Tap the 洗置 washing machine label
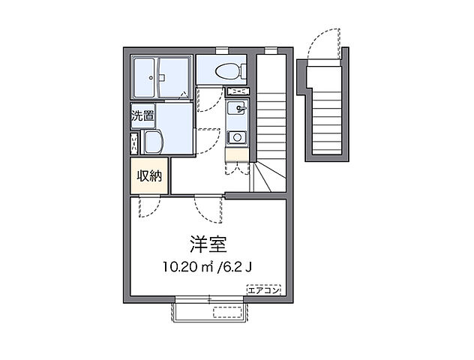tap(142, 116)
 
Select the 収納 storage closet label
tap(148, 176)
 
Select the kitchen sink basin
tap(236, 112)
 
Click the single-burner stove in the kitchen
tap(236, 136)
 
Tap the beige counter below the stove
tap(236, 155)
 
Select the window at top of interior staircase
tap(270, 50)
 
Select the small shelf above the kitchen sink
tap(236, 91)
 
